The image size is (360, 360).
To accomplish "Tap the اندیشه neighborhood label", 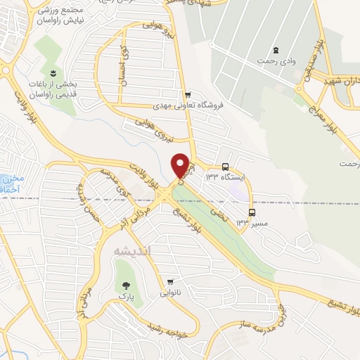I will (x=136, y=252).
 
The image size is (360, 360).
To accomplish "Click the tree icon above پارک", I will (x=126, y=285).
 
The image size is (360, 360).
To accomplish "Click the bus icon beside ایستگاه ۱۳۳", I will (x=225, y=167).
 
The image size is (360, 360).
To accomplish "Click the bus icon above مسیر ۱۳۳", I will (x=252, y=212).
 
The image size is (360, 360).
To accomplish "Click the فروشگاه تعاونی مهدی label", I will (x=187, y=105).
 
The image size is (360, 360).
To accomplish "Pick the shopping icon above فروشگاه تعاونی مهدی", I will (x=187, y=94).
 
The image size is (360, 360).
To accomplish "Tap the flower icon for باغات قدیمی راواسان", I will (x=52, y=73).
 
